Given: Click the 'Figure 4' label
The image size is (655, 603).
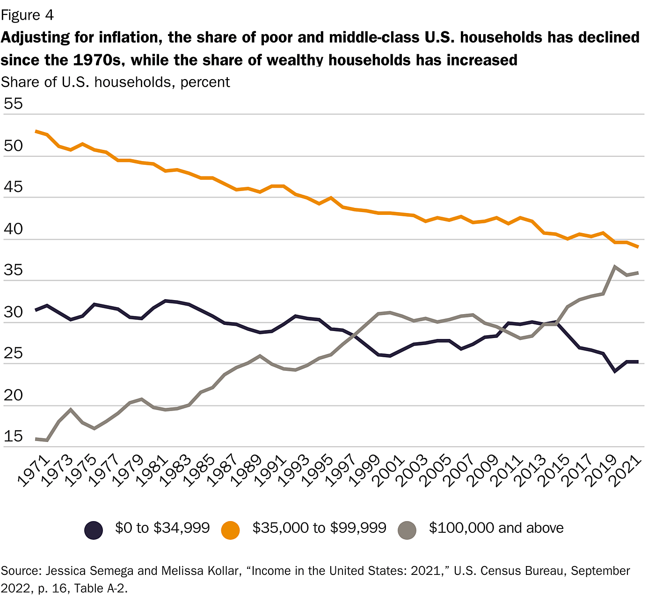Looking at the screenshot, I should (27, 15).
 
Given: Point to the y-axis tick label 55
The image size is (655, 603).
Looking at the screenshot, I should (13, 104).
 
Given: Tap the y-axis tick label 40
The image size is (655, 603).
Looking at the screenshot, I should (13, 229).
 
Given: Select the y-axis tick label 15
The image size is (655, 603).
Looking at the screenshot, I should (13, 436).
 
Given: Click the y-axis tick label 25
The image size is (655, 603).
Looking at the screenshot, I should (13, 353).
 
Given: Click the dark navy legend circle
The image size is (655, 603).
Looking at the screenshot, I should (94, 530).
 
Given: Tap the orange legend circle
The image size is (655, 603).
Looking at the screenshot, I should (231, 530).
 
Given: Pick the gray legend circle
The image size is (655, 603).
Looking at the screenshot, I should (407, 530).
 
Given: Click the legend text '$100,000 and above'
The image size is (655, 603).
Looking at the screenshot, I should (496, 528).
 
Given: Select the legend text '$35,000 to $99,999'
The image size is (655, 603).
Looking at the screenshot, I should (319, 528).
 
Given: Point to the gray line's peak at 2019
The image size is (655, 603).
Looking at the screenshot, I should (615, 266).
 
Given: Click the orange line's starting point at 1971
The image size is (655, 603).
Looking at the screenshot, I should (36, 132).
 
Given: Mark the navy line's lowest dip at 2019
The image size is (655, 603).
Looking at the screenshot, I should (615, 372).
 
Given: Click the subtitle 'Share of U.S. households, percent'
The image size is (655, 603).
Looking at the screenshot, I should (115, 82).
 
